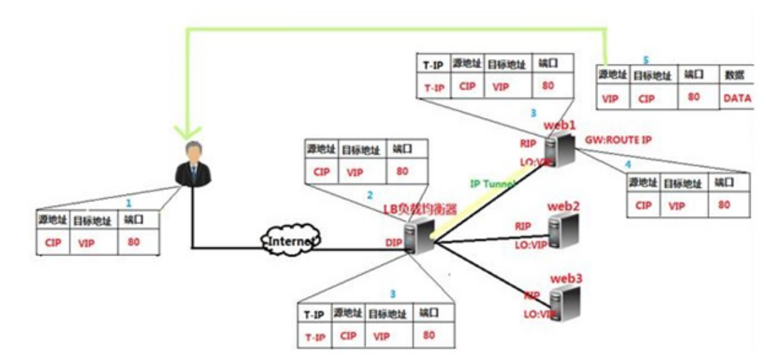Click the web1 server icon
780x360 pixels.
pyautogui.click(x=561, y=150)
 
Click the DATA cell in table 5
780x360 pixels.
pyautogui.click(x=737, y=98)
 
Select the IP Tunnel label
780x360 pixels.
pyautogui.click(x=493, y=184)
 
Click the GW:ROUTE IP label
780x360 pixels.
pyautogui.click(x=618, y=140)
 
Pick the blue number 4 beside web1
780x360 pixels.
pyautogui.click(x=627, y=165)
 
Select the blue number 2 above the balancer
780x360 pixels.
pyautogui.click(x=369, y=194)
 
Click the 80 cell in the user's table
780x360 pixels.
pyautogui.click(x=134, y=241)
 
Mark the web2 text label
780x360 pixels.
pyautogui.click(x=564, y=206)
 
